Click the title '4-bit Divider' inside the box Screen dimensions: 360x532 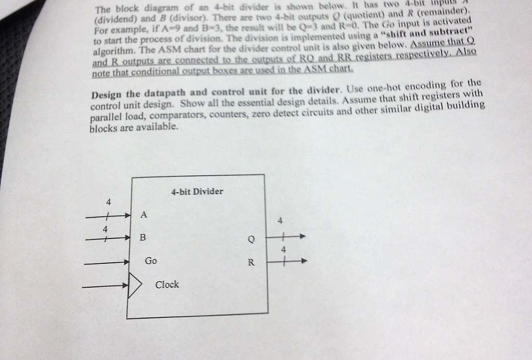click(x=197, y=191)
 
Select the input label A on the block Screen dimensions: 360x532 click(x=144, y=215)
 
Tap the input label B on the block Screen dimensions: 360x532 click(x=143, y=237)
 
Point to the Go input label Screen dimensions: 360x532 click(x=150, y=261)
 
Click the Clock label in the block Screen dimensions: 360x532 click(x=167, y=285)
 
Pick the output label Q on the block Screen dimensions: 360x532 click(x=251, y=240)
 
